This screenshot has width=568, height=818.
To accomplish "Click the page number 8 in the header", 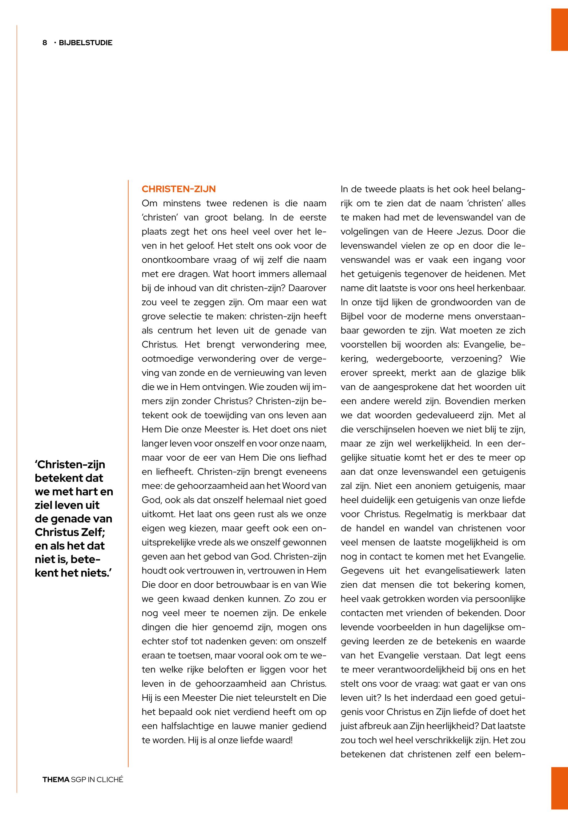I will click(45, 43).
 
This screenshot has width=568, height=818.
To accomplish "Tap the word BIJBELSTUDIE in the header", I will click(85, 43).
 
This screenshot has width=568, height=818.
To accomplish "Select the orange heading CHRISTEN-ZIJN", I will click(179, 189).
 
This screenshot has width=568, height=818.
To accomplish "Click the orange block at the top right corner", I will click(559, 30).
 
